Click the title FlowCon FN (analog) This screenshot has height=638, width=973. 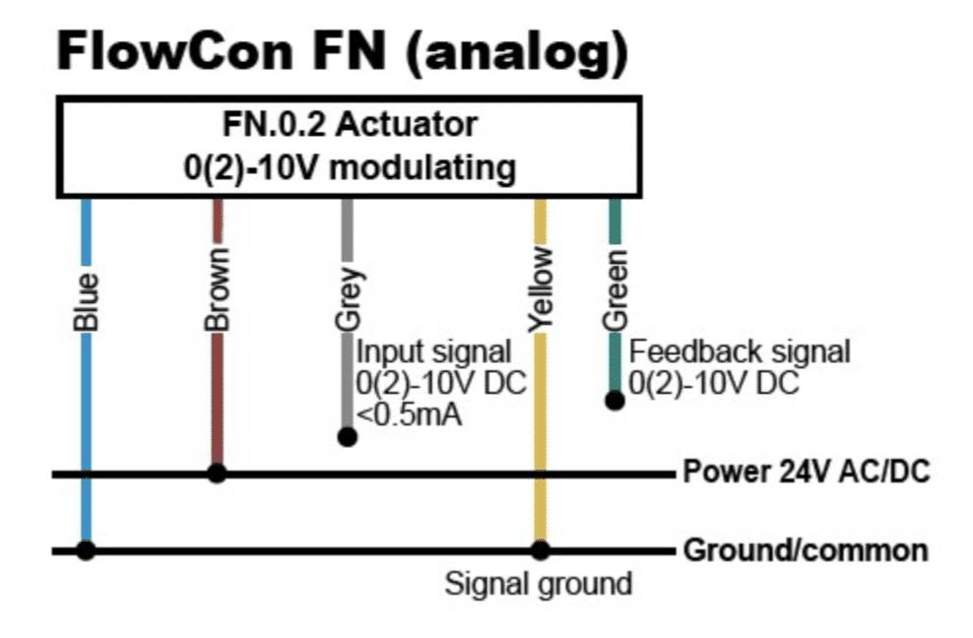pyautogui.click(x=343, y=54)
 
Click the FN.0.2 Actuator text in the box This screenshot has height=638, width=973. pyautogui.click(x=350, y=124)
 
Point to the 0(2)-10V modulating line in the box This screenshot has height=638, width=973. pyautogui.click(x=350, y=167)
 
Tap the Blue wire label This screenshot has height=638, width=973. pyautogui.click(x=87, y=301)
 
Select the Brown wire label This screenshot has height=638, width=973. pyautogui.click(x=218, y=289)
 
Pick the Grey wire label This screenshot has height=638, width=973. pyautogui.click(x=348, y=299)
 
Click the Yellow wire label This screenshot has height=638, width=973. pyautogui.click(x=541, y=289)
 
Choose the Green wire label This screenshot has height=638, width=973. pyautogui.click(x=615, y=289)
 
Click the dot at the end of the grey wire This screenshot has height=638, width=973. pyautogui.click(x=348, y=437)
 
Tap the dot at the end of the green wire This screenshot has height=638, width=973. pyautogui.click(x=615, y=401)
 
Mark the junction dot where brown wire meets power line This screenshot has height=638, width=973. pyautogui.click(x=218, y=474)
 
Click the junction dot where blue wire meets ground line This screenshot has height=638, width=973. pyautogui.click(x=87, y=549)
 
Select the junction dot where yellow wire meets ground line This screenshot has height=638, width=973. pyautogui.click(x=541, y=549)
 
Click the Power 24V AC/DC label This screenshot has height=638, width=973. pyautogui.click(x=807, y=472)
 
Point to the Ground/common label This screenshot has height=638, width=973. pyautogui.click(x=807, y=549)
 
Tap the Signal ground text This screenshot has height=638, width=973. pyautogui.click(x=539, y=585)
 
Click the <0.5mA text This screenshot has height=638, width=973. pyautogui.click(x=410, y=415)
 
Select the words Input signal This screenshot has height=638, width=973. pyautogui.click(x=433, y=352)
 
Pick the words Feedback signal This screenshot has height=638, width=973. pyautogui.click(x=740, y=352)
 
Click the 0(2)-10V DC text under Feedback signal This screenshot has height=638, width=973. pyautogui.click(x=714, y=383)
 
